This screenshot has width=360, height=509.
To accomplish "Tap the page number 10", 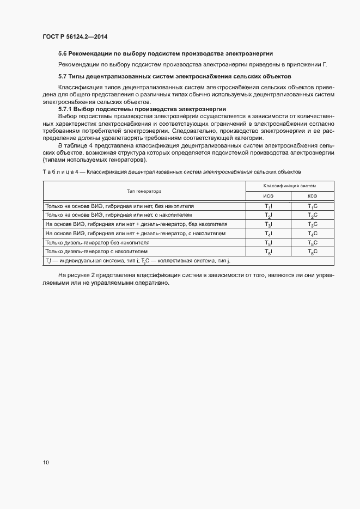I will (x=46, y=462).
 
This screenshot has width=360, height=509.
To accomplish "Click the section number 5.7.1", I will (x=67, y=109).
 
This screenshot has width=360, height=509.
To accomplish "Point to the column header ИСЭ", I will (x=268, y=196).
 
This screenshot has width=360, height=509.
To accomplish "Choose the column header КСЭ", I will (x=312, y=196).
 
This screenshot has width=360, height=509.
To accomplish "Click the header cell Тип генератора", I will (x=144, y=191).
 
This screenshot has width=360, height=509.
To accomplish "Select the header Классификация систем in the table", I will (x=290, y=186).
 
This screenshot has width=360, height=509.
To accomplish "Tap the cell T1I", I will (x=268, y=206).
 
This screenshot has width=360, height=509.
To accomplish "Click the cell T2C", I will (x=312, y=216).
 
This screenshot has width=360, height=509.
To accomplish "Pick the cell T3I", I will (x=268, y=224).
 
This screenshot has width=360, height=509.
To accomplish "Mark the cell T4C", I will (x=312, y=234).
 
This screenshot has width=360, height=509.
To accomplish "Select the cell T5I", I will (x=268, y=243).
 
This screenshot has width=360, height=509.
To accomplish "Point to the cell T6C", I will (x=312, y=252).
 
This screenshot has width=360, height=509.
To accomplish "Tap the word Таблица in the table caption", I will (x=56, y=172).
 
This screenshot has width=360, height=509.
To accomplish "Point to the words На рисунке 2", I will (x=76, y=277).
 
